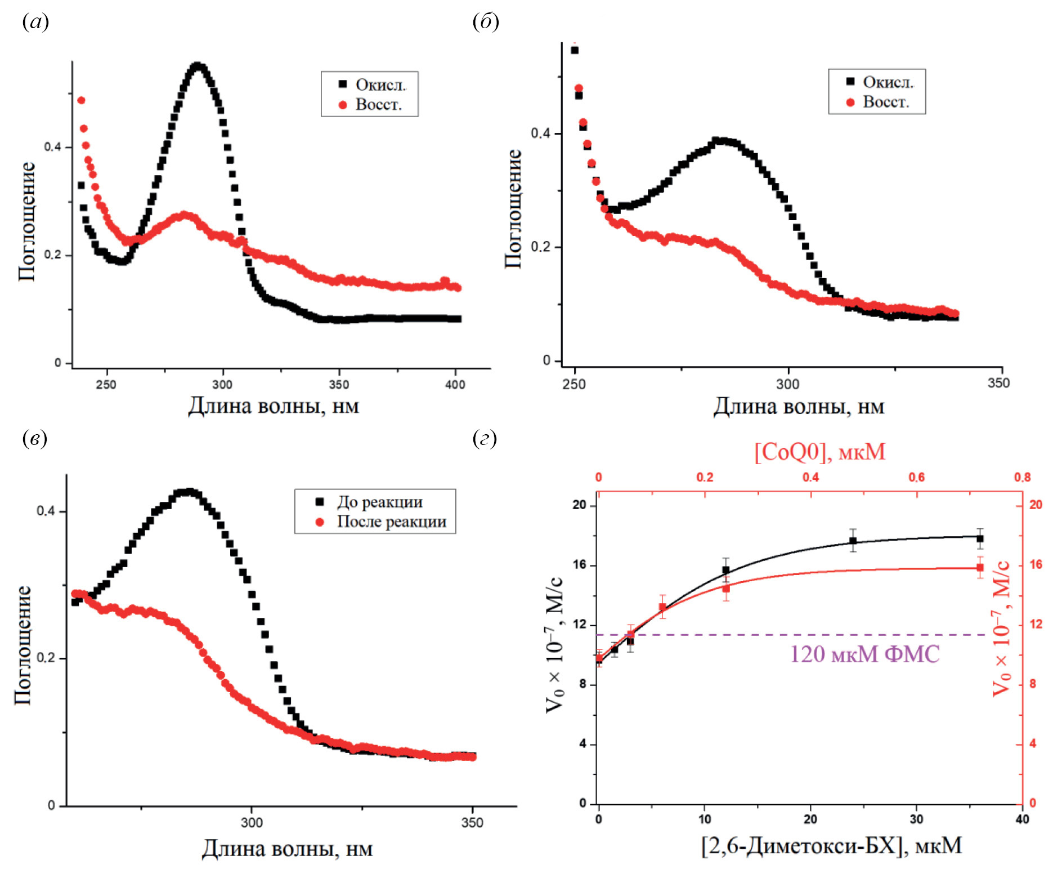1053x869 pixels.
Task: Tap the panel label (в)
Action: [x=34, y=438]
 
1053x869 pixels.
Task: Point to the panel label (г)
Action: [x=485, y=438]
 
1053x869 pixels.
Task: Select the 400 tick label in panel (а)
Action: [x=455, y=385]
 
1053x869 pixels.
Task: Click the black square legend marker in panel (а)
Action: [x=343, y=84]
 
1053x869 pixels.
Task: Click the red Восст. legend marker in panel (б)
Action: [x=850, y=103]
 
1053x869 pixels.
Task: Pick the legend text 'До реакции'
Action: [x=380, y=502]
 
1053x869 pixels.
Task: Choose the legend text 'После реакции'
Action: [x=392, y=522]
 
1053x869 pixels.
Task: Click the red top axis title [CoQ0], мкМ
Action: [x=819, y=452]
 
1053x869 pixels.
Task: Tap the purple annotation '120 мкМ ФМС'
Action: [x=864, y=654]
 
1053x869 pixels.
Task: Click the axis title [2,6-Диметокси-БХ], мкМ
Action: [x=831, y=845]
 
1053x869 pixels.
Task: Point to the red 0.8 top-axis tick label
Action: [x=1022, y=478]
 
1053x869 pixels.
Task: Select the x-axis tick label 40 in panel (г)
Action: [x=1022, y=819]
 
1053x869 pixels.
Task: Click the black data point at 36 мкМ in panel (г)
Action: [x=980, y=538]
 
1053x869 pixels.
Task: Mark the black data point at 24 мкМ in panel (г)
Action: [x=853, y=541]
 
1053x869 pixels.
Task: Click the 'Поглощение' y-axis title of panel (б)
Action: [x=513, y=209]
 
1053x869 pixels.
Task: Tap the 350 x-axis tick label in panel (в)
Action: [x=472, y=823]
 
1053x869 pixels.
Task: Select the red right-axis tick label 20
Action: [x=1036, y=505]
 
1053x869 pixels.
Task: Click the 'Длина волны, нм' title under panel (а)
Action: [x=273, y=405]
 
